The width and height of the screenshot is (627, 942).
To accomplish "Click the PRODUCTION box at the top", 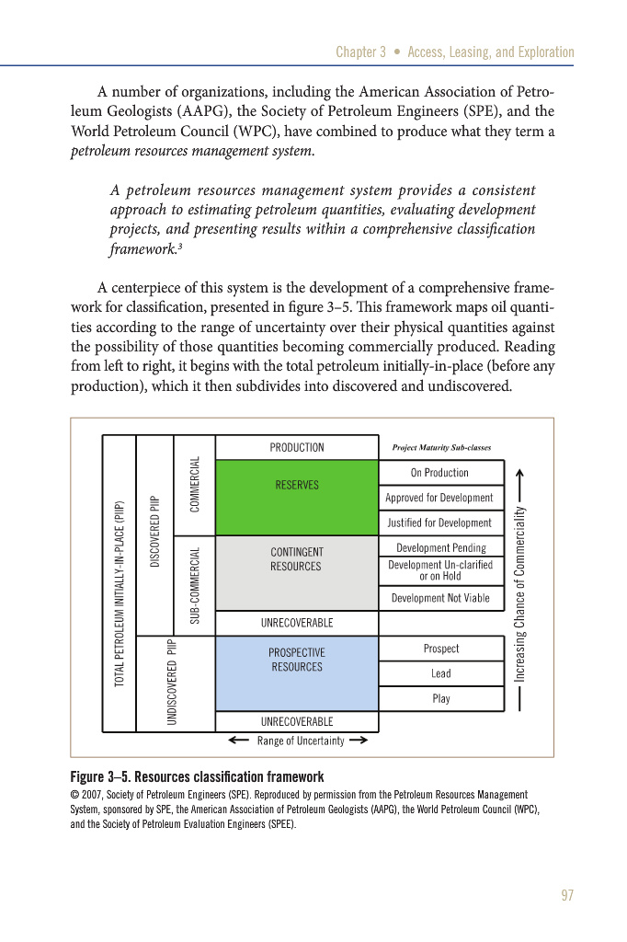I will click(x=296, y=447).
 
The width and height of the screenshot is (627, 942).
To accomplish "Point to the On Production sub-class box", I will click(x=440, y=473).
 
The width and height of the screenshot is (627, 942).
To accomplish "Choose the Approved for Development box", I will click(x=440, y=498).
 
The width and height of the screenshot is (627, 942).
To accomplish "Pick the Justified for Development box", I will click(x=440, y=523).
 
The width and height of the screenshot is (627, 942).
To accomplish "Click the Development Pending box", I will click(x=440, y=547).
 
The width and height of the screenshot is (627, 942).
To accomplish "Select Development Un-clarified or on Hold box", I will click(x=440, y=571).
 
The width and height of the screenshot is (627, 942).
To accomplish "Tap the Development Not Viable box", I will click(x=440, y=598).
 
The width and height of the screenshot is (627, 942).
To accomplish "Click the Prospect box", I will click(x=440, y=649).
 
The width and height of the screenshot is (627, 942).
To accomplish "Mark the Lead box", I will click(x=440, y=673).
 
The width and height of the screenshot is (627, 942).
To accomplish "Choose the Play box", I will click(x=440, y=698).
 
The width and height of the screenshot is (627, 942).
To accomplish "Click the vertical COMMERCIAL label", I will click(x=195, y=485).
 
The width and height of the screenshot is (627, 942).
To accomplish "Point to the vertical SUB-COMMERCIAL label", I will click(x=195, y=585).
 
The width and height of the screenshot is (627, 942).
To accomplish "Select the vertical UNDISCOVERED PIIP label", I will click(x=172, y=682).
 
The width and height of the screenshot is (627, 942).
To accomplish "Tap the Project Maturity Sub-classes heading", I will click(x=441, y=448).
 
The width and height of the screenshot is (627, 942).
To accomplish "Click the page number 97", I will click(x=565, y=896).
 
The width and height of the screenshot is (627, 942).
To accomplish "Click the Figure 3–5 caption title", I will click(x=197, y=776).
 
